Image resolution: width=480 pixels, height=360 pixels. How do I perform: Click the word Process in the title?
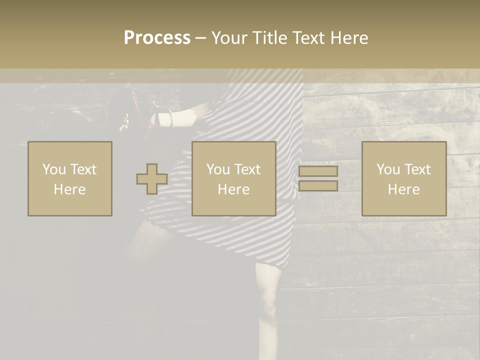[157, 38]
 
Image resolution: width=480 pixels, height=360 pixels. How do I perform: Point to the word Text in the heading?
[309, 38]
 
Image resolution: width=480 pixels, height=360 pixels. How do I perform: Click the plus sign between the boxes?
[152, 179]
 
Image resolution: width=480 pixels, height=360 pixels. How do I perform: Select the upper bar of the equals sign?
[318, 171]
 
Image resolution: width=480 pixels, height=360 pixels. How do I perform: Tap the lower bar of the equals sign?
[318, 186]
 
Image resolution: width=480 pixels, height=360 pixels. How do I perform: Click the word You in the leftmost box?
[53, 169]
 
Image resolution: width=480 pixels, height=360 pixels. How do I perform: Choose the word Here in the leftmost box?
[69, 189]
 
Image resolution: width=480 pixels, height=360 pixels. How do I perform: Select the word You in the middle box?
[217, 169]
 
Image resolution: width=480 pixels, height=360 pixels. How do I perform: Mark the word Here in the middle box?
[233, 189]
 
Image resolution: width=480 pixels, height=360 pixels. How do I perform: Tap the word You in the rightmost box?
[387, 169]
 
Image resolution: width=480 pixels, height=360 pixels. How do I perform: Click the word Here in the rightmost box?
[403, 189]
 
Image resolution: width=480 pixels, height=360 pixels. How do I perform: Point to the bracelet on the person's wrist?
[171, 118]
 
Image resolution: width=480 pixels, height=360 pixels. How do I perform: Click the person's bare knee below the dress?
[269, 300]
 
